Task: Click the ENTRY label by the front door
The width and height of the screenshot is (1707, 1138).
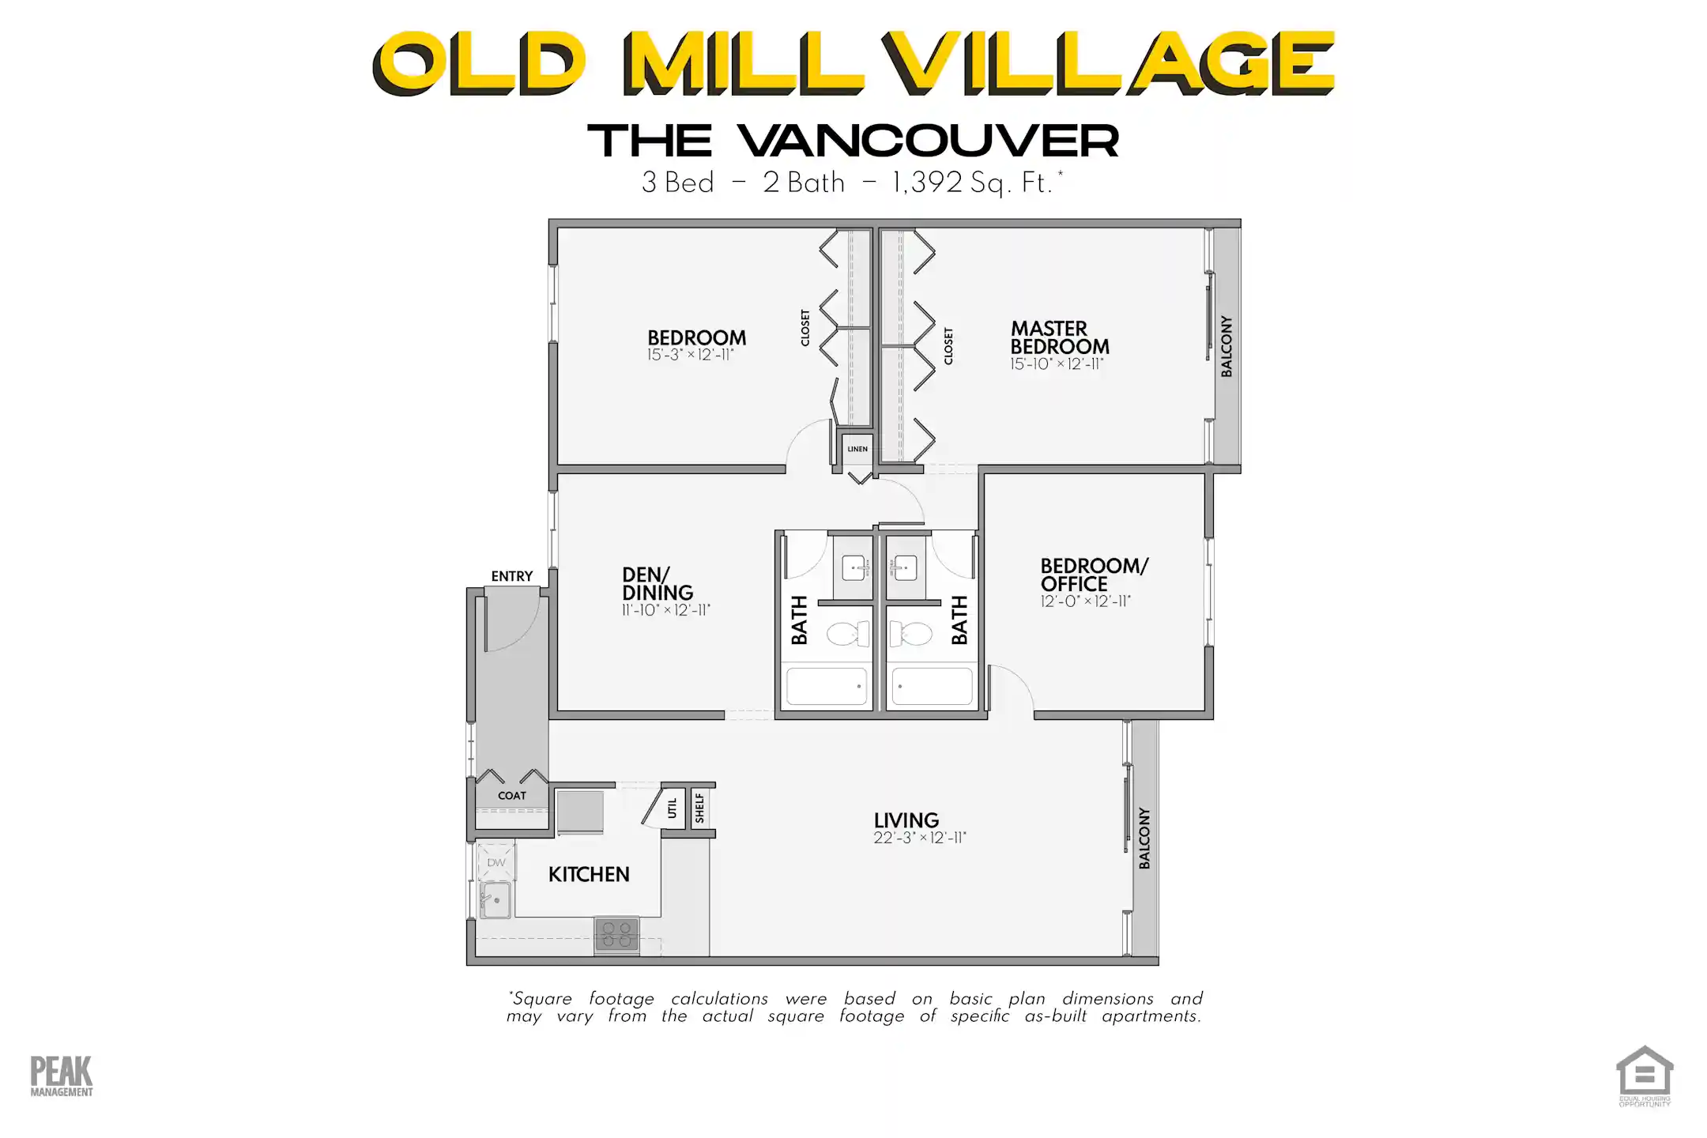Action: pyautogui.click(x=512, y=576)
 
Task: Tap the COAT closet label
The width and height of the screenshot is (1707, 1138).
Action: pyautogui.click(x=512, y=796)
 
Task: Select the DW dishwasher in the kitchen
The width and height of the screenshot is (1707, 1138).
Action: pyautogui.click(x=496, y=862)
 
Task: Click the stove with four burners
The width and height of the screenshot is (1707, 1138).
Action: pyautogui.click(x=616, y=935)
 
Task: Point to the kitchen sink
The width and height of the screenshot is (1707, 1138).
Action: pyautogui.click(x=496, y=900)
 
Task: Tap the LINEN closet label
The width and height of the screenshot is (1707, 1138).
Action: pyautogui.click(x=857, y=449)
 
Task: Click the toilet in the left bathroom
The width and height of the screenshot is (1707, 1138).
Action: pyautogui.click(x=847, y=634)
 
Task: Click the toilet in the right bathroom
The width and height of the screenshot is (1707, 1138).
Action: pyautogui.click(x=911, y=634)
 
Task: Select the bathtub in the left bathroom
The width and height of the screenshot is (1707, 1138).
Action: pyautogui.click(x=827, y=686)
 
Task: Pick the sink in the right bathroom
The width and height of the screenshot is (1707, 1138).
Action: pyautogui.click(x=906, y=567)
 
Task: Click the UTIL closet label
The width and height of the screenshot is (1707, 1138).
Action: pyautogui.click(x=673, y=808)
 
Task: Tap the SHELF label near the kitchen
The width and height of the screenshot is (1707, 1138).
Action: pyautogui.click(x=700, y=808)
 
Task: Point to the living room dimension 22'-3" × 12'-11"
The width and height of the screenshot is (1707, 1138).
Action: pyautogui.click(x=920, y=838)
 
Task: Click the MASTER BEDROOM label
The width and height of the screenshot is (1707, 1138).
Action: pyautogui.click(x=1060, y=337)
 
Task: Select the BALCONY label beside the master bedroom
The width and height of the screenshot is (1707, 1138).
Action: pyautogui.click(x=1227, y=346)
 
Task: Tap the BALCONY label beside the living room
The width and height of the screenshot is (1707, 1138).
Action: pyautogui.click(x=1144, y=838)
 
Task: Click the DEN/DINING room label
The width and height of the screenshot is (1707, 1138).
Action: pyautogui.click(x=658, y=583)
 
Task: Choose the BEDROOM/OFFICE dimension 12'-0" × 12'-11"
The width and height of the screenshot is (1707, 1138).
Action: pyautogui.click(x=1085, y=601)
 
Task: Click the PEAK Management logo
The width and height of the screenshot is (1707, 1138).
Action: pyautogui.click(x=62, y=1076)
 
